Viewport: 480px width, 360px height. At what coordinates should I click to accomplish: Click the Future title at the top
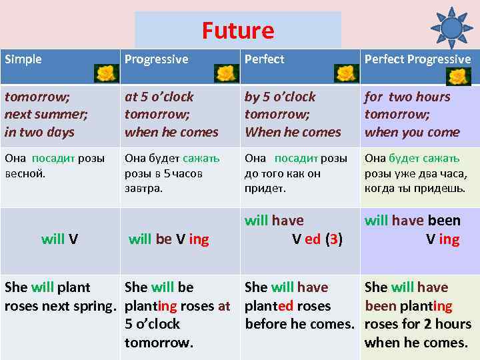point(238,31)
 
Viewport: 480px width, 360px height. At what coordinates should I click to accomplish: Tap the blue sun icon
point(451,27)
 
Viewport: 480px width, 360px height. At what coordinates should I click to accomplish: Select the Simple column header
point(23,59)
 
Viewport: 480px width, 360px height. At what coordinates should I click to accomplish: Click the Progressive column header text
point(156,59)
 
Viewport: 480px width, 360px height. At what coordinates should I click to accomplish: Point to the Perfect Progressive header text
point(417,59)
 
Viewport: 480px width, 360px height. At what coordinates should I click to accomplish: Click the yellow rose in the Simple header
point(105,73)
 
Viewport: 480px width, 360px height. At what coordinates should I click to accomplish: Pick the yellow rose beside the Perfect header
point(346,73)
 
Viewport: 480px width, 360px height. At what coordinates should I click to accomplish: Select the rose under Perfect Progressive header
point(459,77)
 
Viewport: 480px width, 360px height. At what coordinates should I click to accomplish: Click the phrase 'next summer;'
point(43,114)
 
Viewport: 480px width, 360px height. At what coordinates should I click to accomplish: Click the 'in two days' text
point(39,132)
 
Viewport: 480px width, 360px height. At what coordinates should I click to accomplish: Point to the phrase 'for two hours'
point(407,97)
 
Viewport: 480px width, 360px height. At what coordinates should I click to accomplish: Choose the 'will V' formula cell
point(59,239)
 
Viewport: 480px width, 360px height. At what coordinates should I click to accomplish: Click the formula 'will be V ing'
point(169,239)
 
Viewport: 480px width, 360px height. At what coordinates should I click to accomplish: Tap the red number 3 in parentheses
point(333,239)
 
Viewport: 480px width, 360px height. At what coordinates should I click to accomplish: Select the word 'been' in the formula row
point(444,221)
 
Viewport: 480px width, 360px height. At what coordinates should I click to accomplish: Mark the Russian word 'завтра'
point(143,188)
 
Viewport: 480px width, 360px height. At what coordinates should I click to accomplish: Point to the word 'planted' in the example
point(269,306)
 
